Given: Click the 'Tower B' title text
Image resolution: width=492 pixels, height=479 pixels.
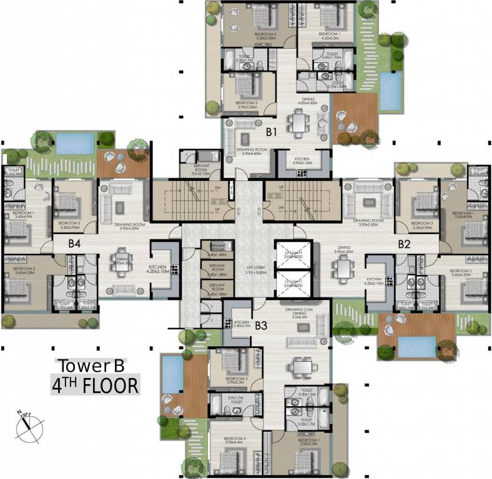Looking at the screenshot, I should coord(92,364).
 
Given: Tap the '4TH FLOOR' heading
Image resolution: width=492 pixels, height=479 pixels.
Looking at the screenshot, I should coord(94,384).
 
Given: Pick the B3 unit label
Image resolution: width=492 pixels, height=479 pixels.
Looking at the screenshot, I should coord(261,324).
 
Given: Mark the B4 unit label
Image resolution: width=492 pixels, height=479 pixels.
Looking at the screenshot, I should coord(76,244).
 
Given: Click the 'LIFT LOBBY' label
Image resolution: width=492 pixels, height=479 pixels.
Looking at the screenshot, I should coord(257,269).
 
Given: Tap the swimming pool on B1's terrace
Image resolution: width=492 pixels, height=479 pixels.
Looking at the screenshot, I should coord(390,91).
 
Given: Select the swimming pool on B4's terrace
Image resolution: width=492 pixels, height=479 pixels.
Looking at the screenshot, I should coord(75,143).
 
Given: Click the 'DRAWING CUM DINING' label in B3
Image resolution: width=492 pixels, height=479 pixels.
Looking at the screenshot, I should coord(303,312).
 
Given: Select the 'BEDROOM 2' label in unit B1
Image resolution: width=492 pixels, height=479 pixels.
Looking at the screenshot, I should coord(265,35).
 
